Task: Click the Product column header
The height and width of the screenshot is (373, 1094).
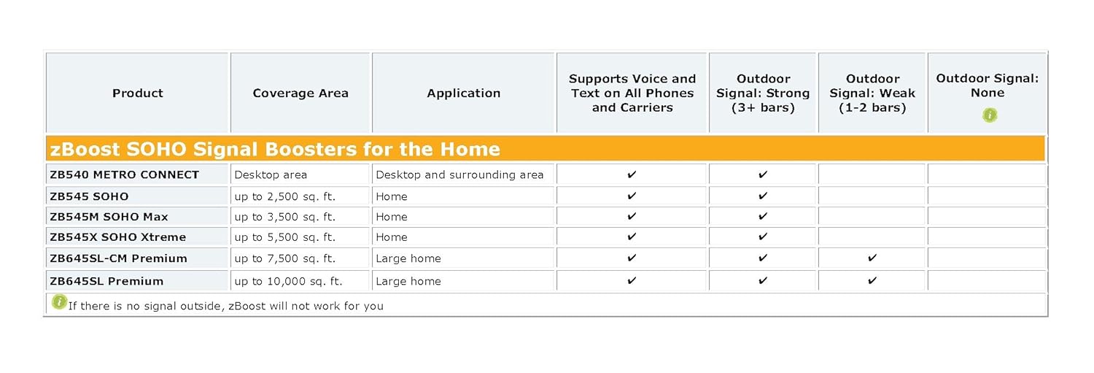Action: click(138, 93)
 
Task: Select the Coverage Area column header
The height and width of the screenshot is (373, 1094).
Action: click(300, 93)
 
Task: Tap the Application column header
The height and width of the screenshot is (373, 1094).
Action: click(463, 93)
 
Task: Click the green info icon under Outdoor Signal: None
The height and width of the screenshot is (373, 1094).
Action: click(990, 115)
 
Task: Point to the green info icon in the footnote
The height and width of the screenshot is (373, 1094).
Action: click(59, 301)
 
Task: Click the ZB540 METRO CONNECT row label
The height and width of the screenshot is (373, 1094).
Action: click(125, 174)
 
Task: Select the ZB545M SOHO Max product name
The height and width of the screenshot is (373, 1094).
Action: click(109, 217)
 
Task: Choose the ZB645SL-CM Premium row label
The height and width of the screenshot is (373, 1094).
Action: click(119, 258)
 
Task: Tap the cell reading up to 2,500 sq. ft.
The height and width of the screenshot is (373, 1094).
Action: click(284, 196)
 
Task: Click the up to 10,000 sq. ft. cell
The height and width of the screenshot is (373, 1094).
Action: click(288, 281)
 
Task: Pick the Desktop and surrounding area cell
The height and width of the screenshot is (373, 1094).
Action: click(459, 174)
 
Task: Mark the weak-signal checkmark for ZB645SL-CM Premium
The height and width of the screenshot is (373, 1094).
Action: click(872, 258)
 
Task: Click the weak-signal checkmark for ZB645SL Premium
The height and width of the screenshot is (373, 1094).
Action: click(872, 280)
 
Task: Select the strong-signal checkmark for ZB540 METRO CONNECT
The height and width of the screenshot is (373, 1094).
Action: click(763, 174)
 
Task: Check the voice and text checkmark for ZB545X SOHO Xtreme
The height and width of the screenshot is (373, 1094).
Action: click(632, 237)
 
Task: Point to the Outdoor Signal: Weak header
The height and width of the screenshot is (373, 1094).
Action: click(872, 93)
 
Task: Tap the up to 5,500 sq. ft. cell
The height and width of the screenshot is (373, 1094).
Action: click(284, 237)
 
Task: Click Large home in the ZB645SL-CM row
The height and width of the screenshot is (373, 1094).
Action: click(408, 258)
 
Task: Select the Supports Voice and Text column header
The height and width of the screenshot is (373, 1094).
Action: click(632, 93)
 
